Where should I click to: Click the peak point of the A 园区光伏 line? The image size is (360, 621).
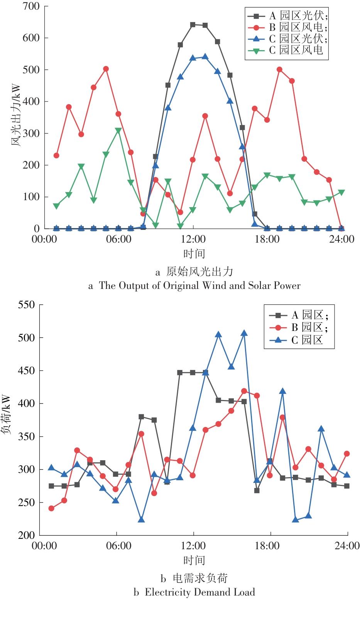(x=193, y=25)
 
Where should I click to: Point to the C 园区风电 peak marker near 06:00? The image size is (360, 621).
(x=118, y=131)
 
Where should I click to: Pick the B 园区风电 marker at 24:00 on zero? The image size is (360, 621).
(x=341, y=228)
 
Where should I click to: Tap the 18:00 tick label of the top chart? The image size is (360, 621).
(x=267, y=240)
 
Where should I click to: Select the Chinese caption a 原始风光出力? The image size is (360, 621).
(x=194, y=272)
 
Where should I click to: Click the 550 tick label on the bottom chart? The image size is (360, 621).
(x=26, y=305)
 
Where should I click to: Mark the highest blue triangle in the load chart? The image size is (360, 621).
(x=244, y=333)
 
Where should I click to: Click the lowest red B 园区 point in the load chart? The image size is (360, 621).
(x=51, y=508)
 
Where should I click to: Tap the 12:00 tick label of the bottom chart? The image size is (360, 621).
(x=193, y=546)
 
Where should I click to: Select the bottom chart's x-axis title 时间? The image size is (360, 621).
(x=194, y=560)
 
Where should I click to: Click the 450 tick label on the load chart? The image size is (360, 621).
(x=26, y=371)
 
